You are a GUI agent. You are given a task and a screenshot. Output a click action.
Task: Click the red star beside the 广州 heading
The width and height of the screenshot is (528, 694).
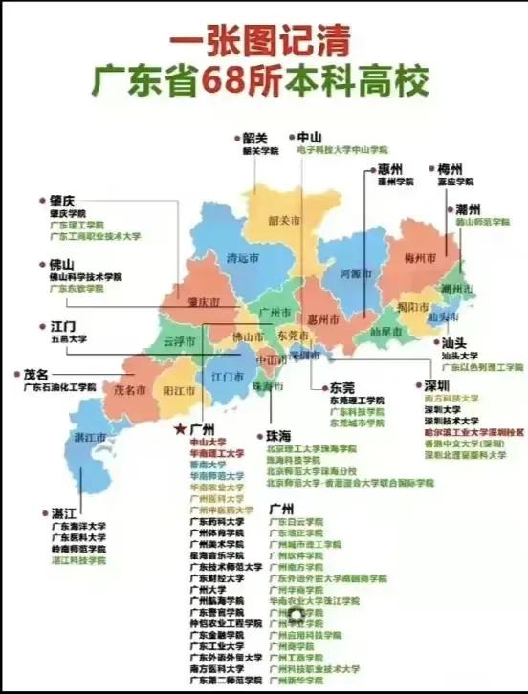(179, 430)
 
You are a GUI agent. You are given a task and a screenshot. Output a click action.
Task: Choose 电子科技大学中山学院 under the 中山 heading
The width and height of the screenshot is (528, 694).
(341, 150)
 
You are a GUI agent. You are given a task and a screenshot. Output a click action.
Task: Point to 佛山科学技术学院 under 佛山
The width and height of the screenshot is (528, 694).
(85, 277)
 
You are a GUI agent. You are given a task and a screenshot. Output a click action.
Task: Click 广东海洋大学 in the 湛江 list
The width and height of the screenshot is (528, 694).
(79, 526)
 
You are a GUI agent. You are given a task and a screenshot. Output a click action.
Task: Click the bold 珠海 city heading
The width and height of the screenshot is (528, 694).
(284, 435)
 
